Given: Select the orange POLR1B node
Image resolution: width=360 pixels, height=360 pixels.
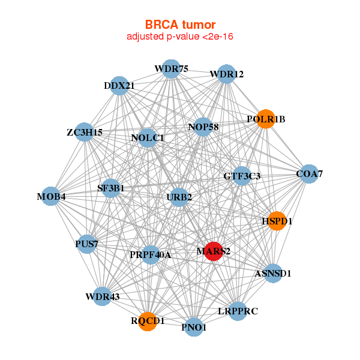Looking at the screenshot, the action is (x=265, y=119).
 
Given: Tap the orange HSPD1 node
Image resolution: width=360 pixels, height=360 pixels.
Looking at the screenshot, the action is (x=277, y=221).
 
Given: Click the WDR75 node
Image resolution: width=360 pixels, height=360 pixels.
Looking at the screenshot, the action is (x=171, y=68).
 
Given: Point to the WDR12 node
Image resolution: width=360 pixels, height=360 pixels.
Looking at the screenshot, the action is (x=226, y=74).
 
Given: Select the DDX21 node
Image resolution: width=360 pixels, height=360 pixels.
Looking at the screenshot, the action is (x=119, y=85).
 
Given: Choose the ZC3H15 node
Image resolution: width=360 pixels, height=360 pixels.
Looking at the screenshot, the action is (x=85, y=132).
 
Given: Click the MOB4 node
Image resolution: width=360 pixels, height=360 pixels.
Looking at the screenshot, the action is (x=51, y=196).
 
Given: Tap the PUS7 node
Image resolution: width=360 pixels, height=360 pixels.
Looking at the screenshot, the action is (x=87, y=244).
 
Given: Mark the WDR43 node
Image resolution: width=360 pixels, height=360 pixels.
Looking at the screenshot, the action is (x=103, y=296).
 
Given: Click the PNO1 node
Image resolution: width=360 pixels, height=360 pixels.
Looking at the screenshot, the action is (x=194, y=327).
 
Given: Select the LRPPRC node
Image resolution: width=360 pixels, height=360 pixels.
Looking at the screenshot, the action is (x=238, y=311).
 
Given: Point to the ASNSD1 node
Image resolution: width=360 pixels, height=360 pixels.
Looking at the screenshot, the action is (x=272, y=273).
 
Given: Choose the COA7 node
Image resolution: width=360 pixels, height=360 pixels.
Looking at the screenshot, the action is (x=308, y=174).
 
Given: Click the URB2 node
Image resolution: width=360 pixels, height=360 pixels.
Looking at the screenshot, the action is (x=179, y=197).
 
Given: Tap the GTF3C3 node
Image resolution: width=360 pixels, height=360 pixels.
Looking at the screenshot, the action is (x=242, y=176).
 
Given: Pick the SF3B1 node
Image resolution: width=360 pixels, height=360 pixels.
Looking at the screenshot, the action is (x=111, y=188).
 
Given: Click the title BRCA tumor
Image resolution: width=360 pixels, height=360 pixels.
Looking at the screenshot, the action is (x=180, y=25).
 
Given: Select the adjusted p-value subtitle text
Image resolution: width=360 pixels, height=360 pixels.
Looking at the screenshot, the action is (x=180, y=37).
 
